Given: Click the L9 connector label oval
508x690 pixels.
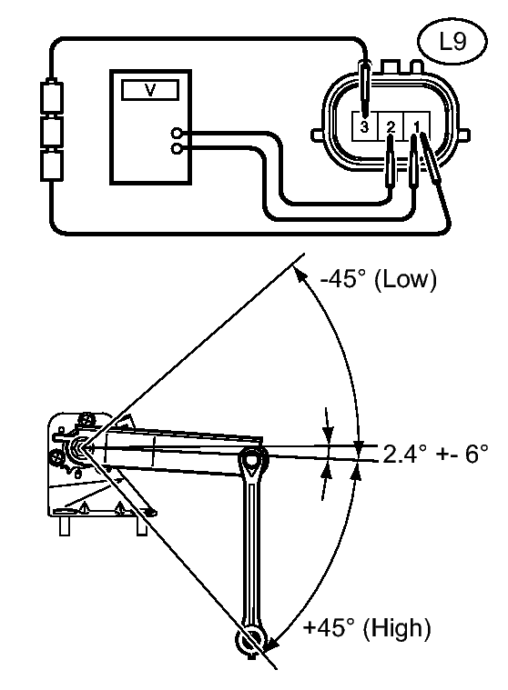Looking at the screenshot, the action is [x=452, y=42].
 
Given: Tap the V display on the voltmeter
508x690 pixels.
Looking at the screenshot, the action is [x=150, y=90].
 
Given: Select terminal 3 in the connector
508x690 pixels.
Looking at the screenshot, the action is [x=364, y=126].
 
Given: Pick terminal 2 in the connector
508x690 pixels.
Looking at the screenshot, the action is [x=391, y=126].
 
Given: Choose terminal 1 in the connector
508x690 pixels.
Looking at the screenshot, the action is [x=416, y=126].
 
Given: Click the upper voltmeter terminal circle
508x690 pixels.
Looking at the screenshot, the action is [x=177, y=133].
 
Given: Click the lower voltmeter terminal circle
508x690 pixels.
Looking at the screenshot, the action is [x=177, y=150].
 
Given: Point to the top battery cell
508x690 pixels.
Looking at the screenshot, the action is [x=52, y=96].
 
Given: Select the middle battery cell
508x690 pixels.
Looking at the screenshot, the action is [x=52, y=132].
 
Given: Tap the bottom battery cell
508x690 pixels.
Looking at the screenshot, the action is [x=52, y=165].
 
